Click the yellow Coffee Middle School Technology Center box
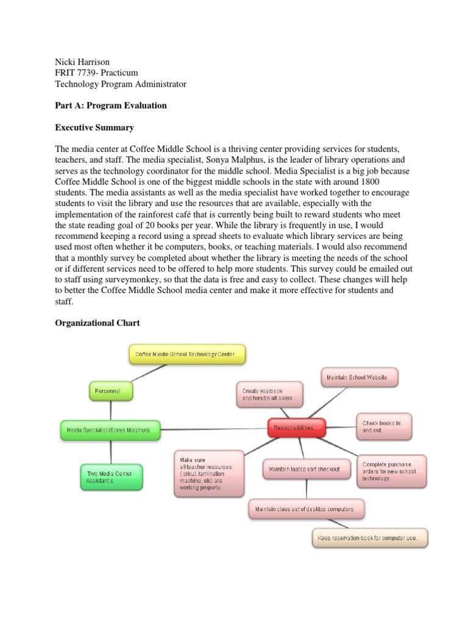(x=187, y=354)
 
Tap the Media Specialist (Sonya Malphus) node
(x=110, y=430)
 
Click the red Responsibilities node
(x=297, y=428)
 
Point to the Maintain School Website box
(x=359, y=377)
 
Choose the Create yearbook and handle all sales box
(x=268, y=394)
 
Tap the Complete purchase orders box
(x=391, y=470)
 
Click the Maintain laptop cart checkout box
(x=301, y=469)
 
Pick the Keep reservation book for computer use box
(x=370, y=538)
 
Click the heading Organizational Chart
(x=97, y=323)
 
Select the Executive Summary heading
(x=94, y=128)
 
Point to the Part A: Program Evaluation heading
(x=111, y=105)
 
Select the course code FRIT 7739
(x=76, y=73)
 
